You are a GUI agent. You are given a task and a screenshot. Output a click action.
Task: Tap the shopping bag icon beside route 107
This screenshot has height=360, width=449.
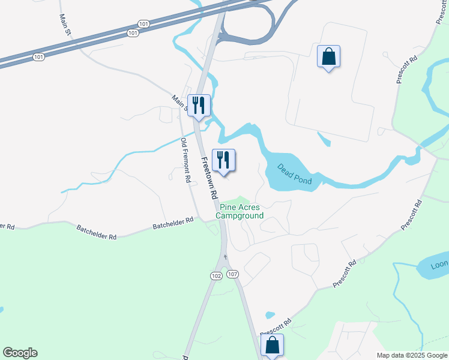(x=272, y=346)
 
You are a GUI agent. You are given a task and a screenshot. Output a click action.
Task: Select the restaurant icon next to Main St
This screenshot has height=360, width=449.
(x=199, y=106)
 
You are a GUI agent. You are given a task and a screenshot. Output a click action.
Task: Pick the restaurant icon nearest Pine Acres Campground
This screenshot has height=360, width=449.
(x=223, y=160)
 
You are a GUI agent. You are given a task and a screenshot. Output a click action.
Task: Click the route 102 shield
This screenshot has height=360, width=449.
(x=217, y=275)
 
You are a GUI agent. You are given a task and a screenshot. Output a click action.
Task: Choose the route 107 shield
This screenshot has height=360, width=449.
(x=233, y=274)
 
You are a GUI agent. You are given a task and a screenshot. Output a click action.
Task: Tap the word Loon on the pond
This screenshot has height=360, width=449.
(x=440, y=264)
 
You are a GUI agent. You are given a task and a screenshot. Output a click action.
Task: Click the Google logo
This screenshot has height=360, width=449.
(x=20, y=353)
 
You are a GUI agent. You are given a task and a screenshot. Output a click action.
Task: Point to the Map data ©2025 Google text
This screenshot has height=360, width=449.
(x=412, y=355)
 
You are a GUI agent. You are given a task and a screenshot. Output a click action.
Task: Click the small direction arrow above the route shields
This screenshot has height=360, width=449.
(x=225, y=257)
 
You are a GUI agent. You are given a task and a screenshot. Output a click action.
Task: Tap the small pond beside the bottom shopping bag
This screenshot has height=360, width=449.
(x=270, y=314)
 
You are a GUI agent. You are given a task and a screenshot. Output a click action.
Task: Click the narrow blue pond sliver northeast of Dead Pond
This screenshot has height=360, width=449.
(x=324, y=140)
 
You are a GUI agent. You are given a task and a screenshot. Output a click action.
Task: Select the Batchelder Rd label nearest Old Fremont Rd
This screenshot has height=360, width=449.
(x=173, y=221)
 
